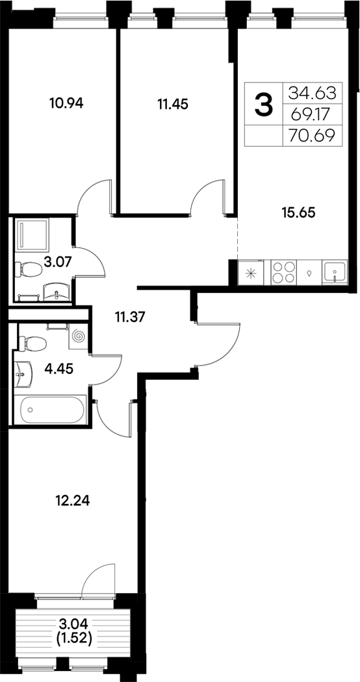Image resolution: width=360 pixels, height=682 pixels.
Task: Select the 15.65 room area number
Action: click(x=300, y=212)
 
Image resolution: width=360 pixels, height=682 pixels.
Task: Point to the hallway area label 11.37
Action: click(x=129, y=318)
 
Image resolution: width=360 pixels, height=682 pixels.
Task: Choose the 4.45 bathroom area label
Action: click(x=58, y=369)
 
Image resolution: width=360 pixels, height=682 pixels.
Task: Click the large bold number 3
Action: click(x=263, y=105)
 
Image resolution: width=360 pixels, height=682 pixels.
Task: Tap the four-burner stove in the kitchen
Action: click(x=283, y=272)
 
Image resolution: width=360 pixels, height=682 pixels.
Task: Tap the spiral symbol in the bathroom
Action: click(x=79, y=337)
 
